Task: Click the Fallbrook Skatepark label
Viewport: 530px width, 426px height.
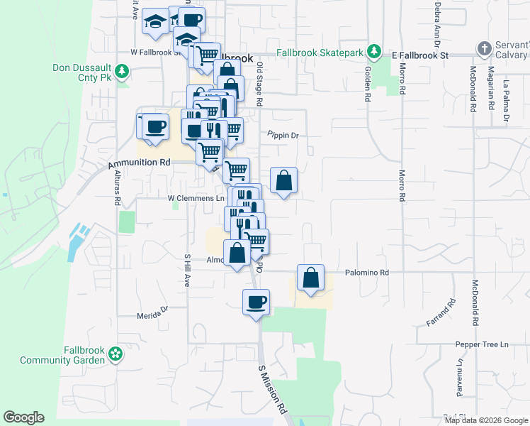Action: pos(320,53)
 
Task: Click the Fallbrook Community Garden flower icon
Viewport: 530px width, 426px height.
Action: pos(117,353)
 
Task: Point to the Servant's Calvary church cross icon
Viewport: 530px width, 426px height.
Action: pos(485,48)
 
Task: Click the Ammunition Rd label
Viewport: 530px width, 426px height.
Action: pos(140,163)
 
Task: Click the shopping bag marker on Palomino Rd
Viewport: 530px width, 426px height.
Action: pos(310,278)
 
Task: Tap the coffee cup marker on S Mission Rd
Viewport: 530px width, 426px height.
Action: pos(256,302)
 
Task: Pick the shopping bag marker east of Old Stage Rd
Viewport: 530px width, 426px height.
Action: pos(283,180)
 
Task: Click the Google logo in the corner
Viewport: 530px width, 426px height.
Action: pos(23,417)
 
